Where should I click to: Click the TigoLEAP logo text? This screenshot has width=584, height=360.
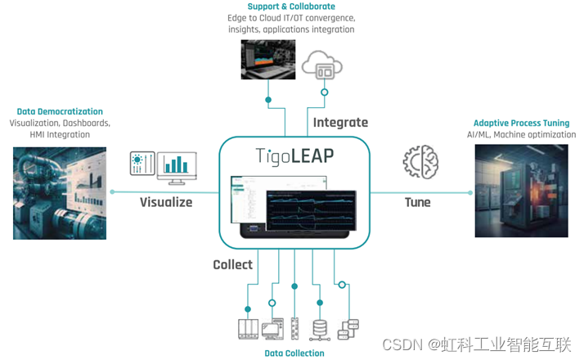coord(294,155)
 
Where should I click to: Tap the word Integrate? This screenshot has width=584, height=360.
coord(340,123)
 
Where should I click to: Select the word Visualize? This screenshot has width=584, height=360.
coord(165,201)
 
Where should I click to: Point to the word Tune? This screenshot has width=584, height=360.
coord(417,201)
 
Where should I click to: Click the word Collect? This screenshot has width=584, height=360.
coord(232,264)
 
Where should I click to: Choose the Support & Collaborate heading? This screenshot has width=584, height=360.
coord(291,7)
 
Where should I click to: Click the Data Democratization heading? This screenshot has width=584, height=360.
coord(60,111)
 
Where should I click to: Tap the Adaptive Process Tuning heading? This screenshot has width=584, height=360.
coord(521,124)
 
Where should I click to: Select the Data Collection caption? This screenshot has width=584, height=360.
coord(294,353)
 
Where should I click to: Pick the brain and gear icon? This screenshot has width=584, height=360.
coord(421,162)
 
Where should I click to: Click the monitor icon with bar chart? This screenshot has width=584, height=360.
coord(177,164)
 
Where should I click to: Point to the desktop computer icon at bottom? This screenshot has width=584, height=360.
coord(271,329)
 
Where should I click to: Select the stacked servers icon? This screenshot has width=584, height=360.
coord(348,329)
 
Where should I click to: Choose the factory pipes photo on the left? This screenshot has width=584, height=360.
coord(60,193)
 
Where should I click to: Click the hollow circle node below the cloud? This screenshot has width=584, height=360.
coord(324,92)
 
